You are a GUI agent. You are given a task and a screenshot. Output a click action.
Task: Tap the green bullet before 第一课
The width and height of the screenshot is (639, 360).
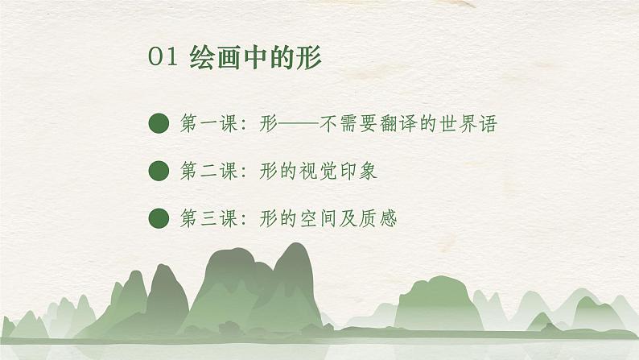[x=159, y=124]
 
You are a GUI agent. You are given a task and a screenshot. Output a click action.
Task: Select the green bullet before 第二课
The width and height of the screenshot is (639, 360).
[x=159, y=171]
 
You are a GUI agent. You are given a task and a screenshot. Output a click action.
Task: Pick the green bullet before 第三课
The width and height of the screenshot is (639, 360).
[x=159, y=217]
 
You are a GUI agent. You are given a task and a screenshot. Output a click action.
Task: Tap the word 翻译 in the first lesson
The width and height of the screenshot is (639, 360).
[x=401, y=124]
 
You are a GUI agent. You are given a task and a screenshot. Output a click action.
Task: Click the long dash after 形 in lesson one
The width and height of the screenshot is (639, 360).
[x=299, y=124]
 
